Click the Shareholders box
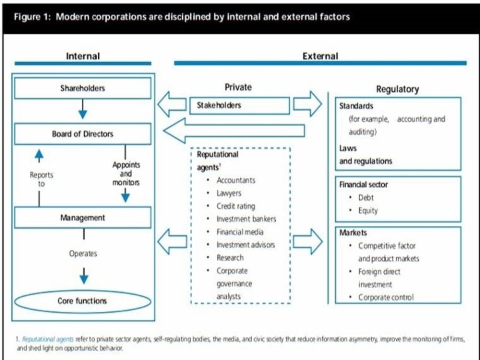[83, 88]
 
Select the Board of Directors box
[83, 134]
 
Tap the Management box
[83, 217]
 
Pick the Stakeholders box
[242, 105]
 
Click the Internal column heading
[83, 56]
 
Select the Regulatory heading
[398, 89]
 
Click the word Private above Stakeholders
[239, 87]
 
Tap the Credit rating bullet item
[235, 206]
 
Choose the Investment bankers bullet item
[246, 219]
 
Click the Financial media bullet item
[240, 231]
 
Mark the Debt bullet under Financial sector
[366, 198]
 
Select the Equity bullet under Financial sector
[367, 211]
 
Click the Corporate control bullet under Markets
[385, 297]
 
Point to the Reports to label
[41, 179]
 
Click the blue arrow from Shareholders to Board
[83, 109]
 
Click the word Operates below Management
[83, 253]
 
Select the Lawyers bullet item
[229, 193]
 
